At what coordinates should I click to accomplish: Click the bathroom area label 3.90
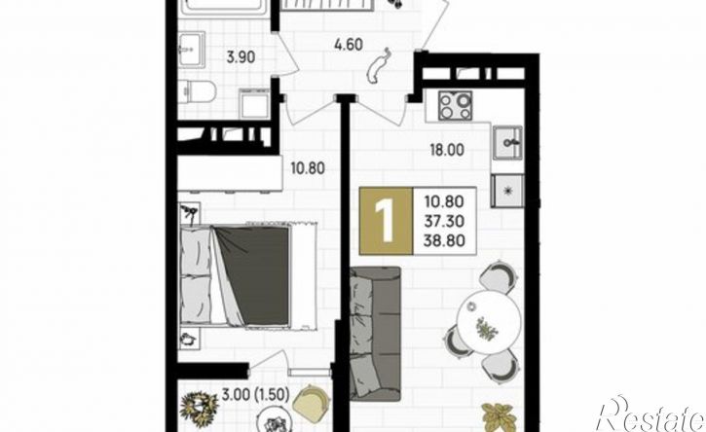tap(241, 57)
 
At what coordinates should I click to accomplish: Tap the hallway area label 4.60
tap(349, 45)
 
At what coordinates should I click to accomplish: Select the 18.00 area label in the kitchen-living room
tap(447, 150)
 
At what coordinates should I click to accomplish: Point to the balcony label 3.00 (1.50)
tap(255, 395)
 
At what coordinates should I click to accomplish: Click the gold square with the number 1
tap(386, 221)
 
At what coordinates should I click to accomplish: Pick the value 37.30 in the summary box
tap(444, 221)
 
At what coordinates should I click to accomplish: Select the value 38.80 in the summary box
tap(444, 240)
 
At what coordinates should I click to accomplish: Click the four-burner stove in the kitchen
tap(455, 106)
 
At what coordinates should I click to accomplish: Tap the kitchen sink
tap(507, 143)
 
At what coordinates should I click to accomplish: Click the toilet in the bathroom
tap(198, 92)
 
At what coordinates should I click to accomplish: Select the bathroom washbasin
tap(192, 49)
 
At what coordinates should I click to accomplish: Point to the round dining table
tap(489, 321)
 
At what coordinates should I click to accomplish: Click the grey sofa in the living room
tap(375, 334)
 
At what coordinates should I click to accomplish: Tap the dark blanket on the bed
tap(252, 275)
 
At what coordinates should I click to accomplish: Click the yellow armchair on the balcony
tap(311, 401)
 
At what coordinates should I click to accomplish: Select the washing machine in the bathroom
tap(254, 103)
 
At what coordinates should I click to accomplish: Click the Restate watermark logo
tap(650, 414)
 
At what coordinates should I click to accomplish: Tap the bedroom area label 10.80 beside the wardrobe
tap(308, 168)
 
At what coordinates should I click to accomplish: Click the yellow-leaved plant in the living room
tap(498, 416)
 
